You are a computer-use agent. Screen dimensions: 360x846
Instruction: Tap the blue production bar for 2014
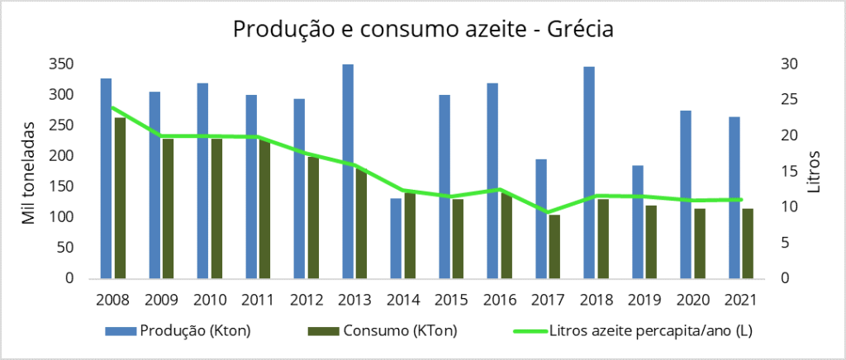(x=396, y=239)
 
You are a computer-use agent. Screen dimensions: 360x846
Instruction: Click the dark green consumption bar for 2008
(x=120, y=198)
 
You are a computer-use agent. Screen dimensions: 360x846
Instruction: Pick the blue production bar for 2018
(x=589, y=173)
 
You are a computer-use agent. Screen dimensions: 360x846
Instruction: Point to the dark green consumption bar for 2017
(x=554, y=247)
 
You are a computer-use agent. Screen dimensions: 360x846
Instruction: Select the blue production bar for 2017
(x=540, y=219)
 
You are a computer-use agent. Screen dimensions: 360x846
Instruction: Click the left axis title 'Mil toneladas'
(x=29, y=172)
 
